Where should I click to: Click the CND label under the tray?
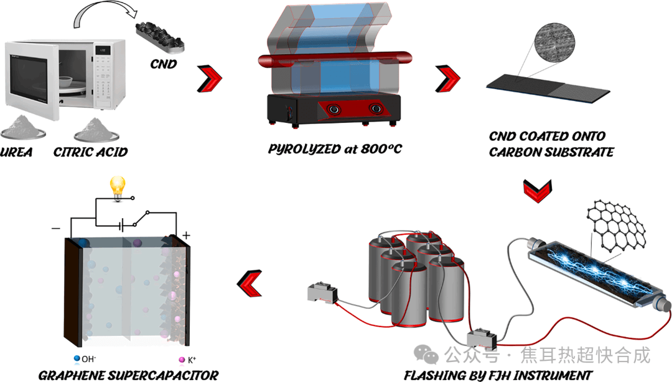[x=164, y=64]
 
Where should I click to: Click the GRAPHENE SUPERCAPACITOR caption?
[x=128, y=375]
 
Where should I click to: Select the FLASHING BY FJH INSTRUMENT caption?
[x=498, y=375]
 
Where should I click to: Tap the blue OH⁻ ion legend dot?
[x=77, y=359]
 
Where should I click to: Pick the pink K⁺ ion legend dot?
[x=182, y=360]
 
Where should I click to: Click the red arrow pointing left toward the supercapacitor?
[x=250, y=284]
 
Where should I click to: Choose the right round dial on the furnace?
[x=375, y=110]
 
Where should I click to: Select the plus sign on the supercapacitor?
[x=185, y=236]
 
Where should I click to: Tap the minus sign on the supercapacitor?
[x=56, y=228]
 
